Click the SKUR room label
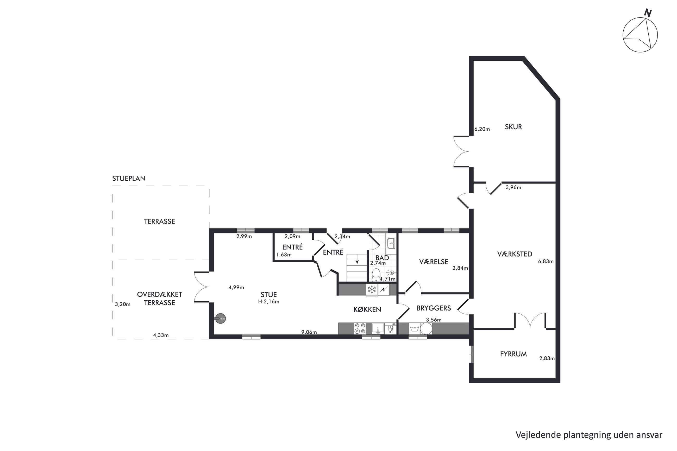(x=513, y=127)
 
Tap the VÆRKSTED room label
(x=515, y=254)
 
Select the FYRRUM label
(x=513, y=354)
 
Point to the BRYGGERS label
(x=434, y=308)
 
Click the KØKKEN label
(x=367, y=309)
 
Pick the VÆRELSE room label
(x=434, y=262)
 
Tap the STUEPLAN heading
(x=129, y=178)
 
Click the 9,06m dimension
(x=309, y=332)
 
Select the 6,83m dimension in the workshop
(x=546, y=262)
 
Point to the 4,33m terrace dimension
(x=161, y=335)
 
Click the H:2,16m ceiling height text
(x=269, y=302)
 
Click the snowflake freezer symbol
(x=372, y=289)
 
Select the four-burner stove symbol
(x=360, y=328)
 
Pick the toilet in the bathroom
(x=376, y=275)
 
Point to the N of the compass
(x=648, y=13)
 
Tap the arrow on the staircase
(x=357, y=262)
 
